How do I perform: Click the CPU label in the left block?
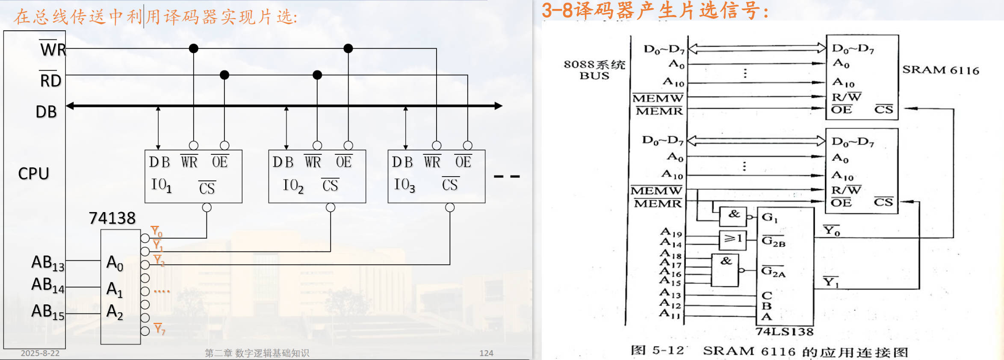pyautogui.click(x=33, y=174)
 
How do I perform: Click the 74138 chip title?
pyautogui.click(x=112, y=218)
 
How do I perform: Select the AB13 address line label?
pyautogui.click(x=47, y=263)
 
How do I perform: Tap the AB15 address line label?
pyautogui.click(x=47, y=312)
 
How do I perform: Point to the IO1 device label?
pyautogui.click(x=161, y=185)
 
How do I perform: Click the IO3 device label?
pyautogui.click(x=404, y=185)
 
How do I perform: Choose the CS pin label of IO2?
pyautogui.click(x=330, y=185)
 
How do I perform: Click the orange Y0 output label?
pyautogui.click(x=157, y=232)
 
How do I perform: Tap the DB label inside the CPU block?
pyautogui.click(x=46, y=112)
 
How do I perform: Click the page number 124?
pyautogui.click(x=486, y=353)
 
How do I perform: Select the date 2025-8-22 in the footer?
pyautogui.click(x=40, y=353)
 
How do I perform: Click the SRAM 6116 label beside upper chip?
pyautogui.click(x=940, y=70)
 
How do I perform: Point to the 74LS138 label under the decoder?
pyautogui.click(x=784, y=332)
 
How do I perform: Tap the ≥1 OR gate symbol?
pyautogui.click(x=733, y=239)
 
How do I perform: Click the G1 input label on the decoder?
pyautogui.click(x=769, y=218)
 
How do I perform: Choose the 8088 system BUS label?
pyautogui.click(x=594, y=70)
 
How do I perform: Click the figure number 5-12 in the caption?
pyautogui.click(x=668, y=351)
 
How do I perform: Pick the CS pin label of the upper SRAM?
pyautogui.click(x=883, y=109)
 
